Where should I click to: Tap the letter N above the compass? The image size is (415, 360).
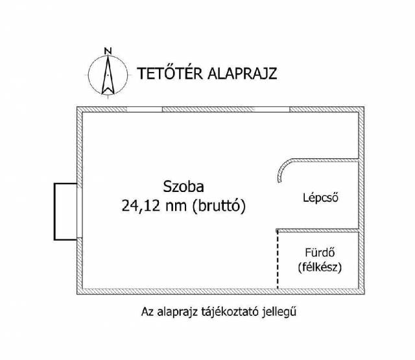point(108,50)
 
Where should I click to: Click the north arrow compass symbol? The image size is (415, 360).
point(108,73)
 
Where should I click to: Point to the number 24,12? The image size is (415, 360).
point(140,206)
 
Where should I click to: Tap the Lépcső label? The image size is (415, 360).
point(318,197)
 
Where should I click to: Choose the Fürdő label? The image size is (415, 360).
point(318,252)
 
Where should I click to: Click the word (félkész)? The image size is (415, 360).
point(318,267)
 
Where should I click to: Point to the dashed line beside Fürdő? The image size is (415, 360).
point(277,259)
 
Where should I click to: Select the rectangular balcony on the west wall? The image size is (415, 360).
point(65,211)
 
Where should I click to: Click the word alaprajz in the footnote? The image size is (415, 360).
point(175,311)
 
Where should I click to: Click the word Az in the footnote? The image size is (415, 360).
point(147,311)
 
